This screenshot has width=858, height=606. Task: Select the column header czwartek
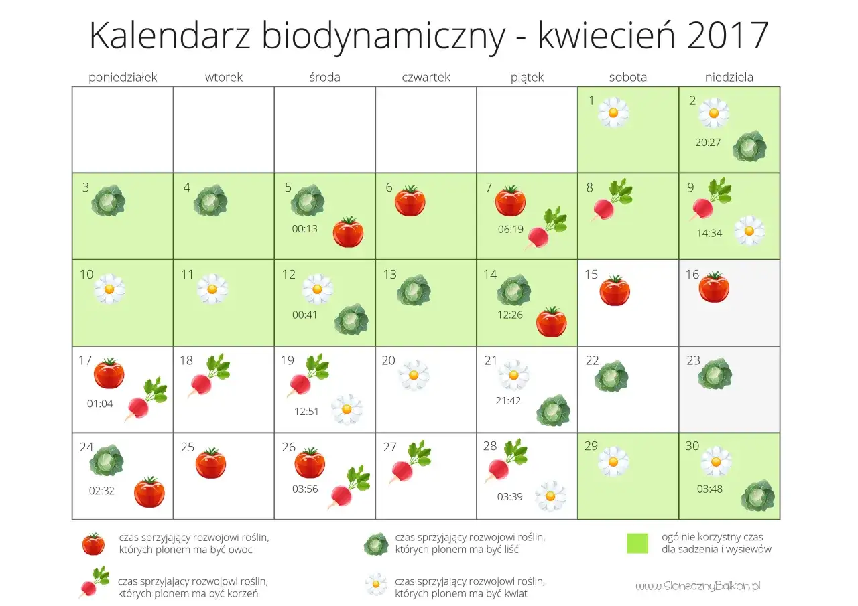tap(426, 77)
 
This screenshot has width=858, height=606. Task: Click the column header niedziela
tap(729, 77)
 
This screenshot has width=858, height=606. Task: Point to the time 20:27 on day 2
tap(709, 142)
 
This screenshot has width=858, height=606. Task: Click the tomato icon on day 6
tap(410, 201)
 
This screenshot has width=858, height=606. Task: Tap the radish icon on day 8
tap(611, 200)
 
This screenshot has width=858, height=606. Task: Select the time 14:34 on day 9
tap(709, 234)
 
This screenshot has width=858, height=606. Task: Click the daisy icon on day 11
tap(212, 289)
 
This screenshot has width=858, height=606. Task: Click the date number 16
tap(692, 275)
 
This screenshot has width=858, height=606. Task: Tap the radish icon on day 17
tap(145, 399)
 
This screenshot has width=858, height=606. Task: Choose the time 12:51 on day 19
tap(306, 412)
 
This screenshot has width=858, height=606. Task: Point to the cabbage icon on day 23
tap(715, 374)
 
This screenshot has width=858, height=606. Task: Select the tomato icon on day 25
tap(210, 463)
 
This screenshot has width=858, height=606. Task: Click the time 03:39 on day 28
tap(509, 497)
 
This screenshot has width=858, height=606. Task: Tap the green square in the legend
tap(637, 543)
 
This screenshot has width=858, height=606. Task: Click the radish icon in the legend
tap(94, 582)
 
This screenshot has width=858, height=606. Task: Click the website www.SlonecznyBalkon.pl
tap(698, 586)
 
